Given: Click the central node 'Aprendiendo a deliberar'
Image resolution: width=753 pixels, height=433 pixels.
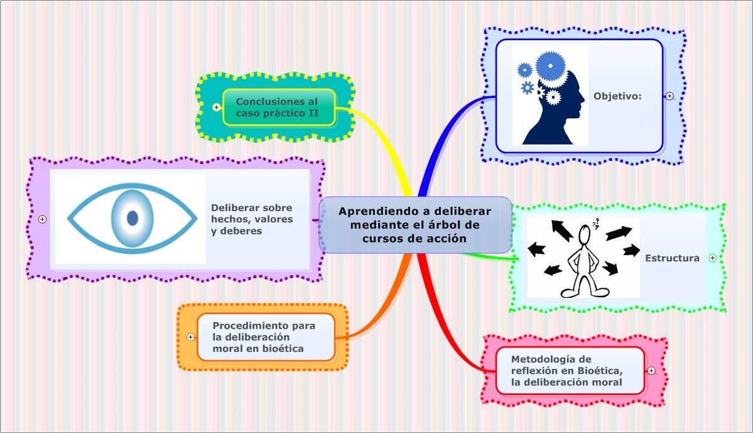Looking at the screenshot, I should point(415,224).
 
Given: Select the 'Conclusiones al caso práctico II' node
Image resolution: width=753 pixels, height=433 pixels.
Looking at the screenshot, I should point(277,107).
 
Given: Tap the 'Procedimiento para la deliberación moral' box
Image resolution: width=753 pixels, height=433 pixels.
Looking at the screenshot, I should point(264,337).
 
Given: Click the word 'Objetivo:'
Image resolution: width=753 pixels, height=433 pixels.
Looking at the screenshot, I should point(617,96).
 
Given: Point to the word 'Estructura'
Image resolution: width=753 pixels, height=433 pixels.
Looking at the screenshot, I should point(672,258).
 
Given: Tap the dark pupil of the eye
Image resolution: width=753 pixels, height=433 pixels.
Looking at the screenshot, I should point(133,218).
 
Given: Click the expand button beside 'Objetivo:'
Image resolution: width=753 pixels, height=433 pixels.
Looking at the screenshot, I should point(669,96).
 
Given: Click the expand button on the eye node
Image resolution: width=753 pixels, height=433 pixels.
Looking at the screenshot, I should point(43,219).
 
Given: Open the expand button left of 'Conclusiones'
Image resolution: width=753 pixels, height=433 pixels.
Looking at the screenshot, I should point(217,107).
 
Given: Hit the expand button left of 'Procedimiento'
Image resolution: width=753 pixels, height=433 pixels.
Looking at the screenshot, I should point(191,337).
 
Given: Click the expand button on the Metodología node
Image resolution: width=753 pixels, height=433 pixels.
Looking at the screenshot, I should point(651,370).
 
